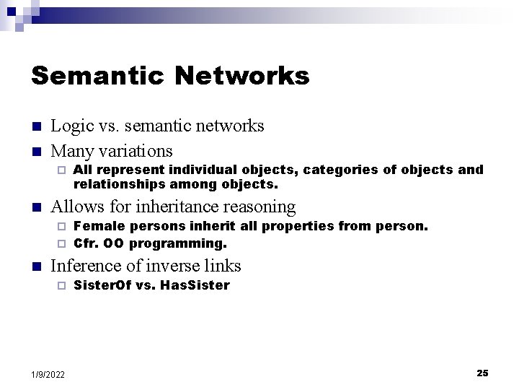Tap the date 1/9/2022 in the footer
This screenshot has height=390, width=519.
click(48, 374)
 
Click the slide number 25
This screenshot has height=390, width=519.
click(482, 373)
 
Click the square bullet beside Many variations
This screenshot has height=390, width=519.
click(37, 152)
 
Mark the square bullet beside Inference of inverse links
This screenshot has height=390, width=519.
click(37, 266)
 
